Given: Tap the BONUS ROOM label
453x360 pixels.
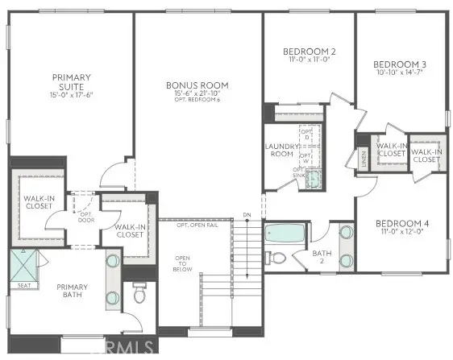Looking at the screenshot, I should (x=197, y=85).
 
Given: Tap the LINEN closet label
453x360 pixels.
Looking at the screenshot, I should (x=364, y=155).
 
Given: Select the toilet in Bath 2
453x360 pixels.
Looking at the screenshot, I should (x=276, y=258).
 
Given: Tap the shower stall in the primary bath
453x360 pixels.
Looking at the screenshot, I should (x=27, y=263).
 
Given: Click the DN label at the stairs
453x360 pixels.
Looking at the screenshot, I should (x=247, y=215).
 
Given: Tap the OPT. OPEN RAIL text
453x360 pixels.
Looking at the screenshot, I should (x=197, y=225).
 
